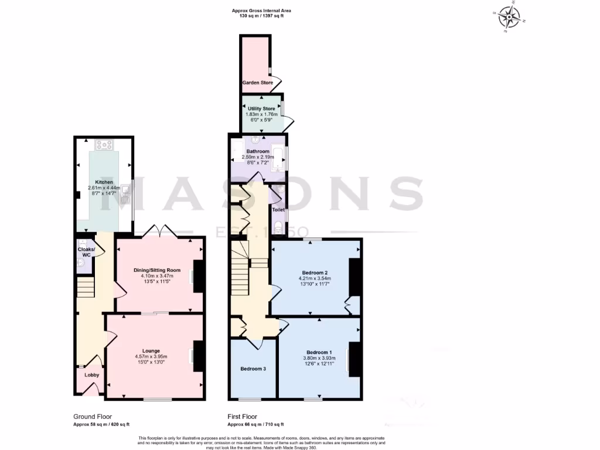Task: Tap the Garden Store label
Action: pos(258,83)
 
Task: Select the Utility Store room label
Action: pos(261,108)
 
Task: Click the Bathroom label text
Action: pos(258,151)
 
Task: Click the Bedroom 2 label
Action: pos(314,272)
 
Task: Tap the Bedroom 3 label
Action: pos(253,369)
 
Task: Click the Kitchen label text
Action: pos(104,182)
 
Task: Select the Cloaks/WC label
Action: pos(84,252)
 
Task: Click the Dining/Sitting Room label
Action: pos(156,270)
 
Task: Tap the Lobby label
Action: pos(92,375)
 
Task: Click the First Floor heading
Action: pos(242,417)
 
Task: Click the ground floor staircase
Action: pos(86,287)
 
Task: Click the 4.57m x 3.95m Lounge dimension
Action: pos(151,357)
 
